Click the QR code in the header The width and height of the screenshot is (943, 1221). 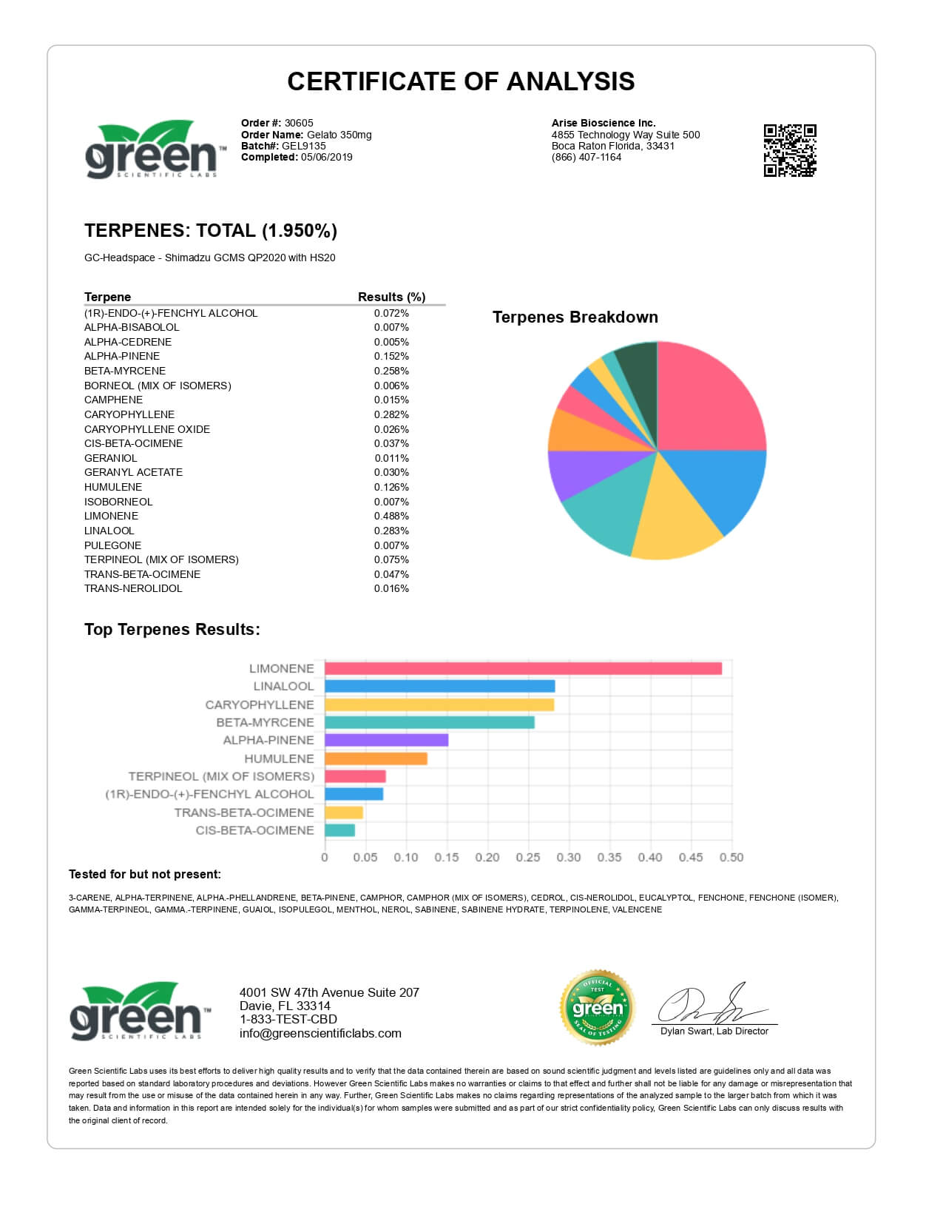click(789, 150)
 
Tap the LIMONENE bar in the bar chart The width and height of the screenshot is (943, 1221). click(523, 668)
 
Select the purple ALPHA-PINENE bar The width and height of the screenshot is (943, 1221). click(386, 740)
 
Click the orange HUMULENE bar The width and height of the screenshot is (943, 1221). click(376, 758)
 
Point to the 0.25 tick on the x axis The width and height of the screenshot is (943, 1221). click(527, 857)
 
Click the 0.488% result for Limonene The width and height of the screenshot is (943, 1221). click(391, 516)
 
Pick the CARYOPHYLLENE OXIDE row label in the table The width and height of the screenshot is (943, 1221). click(147, 429)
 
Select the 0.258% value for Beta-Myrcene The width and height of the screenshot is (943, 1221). click(391, 371)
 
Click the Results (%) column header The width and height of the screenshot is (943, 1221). click(391, 297)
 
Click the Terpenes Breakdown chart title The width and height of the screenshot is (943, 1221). click(575, 317)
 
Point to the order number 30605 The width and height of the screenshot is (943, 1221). click(299, 123)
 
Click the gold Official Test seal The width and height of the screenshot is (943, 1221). click(598, 1007)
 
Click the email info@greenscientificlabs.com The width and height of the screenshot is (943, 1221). click(320, 1033)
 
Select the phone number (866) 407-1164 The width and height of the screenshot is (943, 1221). click(587, 157)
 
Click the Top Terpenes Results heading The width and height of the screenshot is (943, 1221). click(172, 629)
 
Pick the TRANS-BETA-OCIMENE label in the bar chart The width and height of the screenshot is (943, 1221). click(244, 813)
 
